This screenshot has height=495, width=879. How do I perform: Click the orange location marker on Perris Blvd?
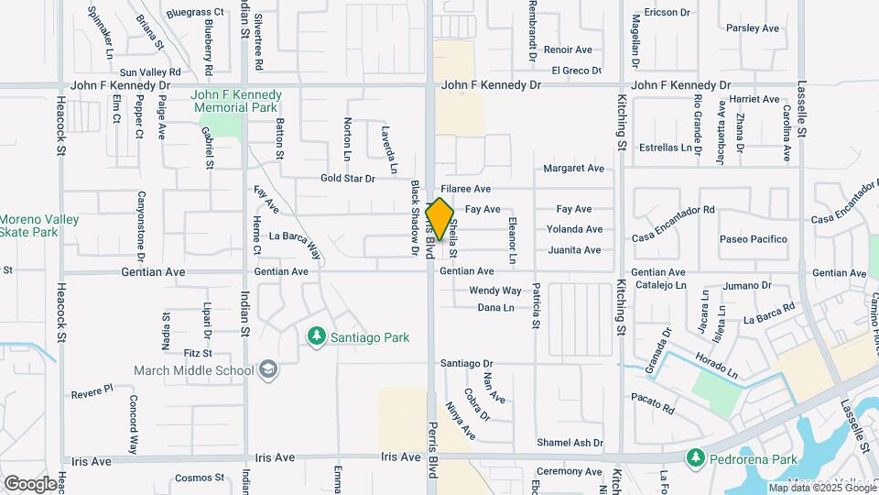439,219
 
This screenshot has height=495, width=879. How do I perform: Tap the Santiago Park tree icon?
317,337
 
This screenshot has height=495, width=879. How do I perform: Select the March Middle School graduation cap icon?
269,369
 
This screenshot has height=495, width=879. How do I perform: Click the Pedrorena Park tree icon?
695,456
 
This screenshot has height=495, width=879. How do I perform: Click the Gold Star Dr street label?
348,179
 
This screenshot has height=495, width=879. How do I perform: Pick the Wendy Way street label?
494,291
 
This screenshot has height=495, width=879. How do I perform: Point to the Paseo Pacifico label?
754,239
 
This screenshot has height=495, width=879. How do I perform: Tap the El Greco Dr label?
576,70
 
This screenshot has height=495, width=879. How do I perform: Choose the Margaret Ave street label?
573,169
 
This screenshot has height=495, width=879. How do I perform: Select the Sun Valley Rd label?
150,71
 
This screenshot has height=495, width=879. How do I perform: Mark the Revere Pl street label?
92,389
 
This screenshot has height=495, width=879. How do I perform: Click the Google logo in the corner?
30,483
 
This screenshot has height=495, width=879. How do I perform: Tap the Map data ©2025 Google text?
822,488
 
